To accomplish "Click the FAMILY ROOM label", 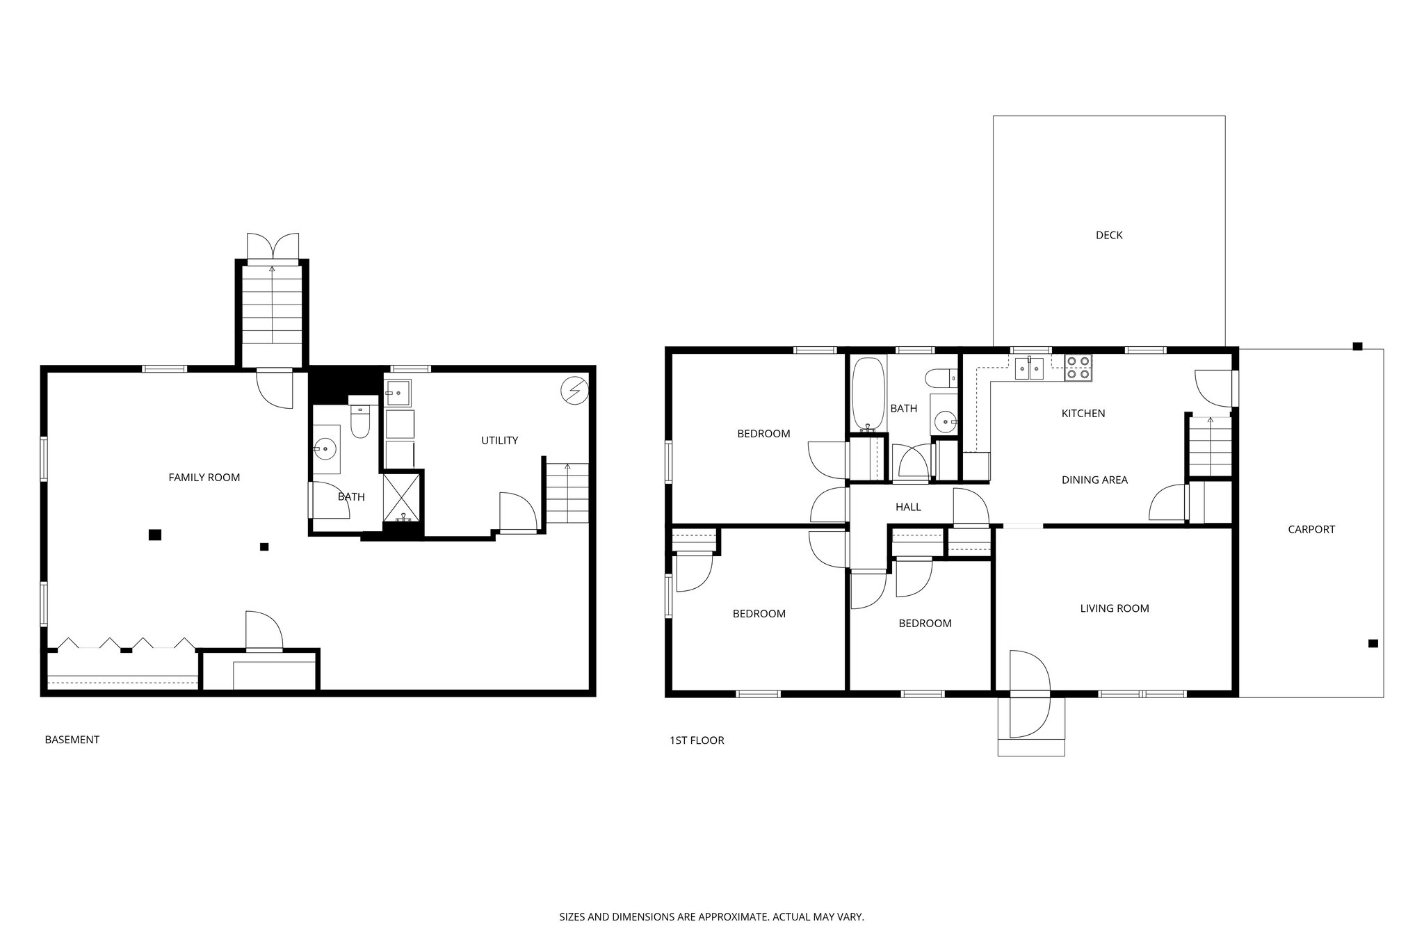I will coord(204,478).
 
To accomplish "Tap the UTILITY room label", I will coord(499,440).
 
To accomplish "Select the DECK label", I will coord(1109,235).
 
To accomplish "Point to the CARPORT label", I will coord(1311,529).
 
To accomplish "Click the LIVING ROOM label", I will coord(1114,608).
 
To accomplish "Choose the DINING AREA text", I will coord(1094,480).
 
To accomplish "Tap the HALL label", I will coord(908,507).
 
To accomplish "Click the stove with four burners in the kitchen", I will coord(1078,368).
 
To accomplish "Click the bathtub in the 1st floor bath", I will coord(868,394).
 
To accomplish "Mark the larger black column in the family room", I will coord(155,535).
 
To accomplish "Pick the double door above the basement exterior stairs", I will coord(273,247).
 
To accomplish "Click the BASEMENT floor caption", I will coord(72,740).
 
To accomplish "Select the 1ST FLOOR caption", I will coord(696,740).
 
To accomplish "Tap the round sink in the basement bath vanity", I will coord(325,449).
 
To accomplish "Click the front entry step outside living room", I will coord(1030,737).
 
